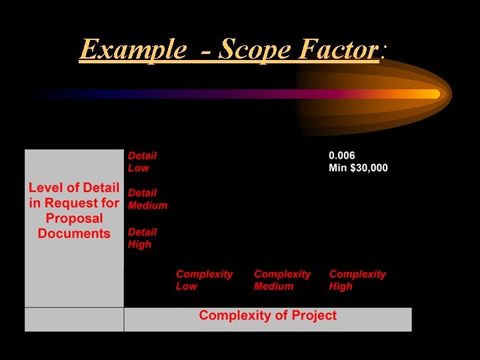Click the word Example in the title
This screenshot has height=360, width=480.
point(132,49)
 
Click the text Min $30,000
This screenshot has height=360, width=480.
point(358,167)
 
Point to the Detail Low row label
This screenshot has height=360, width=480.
point(142,161)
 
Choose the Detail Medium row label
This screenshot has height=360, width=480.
point(147,199)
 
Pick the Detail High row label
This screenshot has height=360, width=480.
point(142,238)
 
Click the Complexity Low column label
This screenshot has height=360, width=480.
point(204,280)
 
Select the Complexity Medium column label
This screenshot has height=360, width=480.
point(282,280)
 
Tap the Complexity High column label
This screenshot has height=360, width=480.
point(357,280)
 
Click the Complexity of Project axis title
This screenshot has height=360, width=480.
point(267,316)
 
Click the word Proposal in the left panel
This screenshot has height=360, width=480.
point(74,219)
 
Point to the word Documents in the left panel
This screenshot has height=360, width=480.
point(74,234)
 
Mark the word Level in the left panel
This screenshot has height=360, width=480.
point(46,188)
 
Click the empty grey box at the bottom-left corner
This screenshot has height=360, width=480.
point(74,319)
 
